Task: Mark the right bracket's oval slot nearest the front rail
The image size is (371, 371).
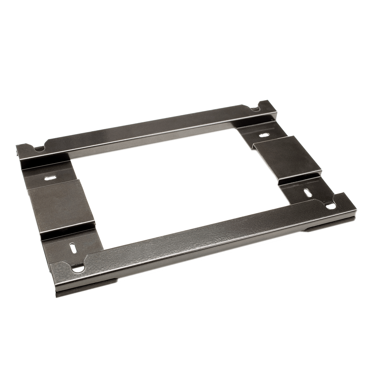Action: click(x=308, y=192)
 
